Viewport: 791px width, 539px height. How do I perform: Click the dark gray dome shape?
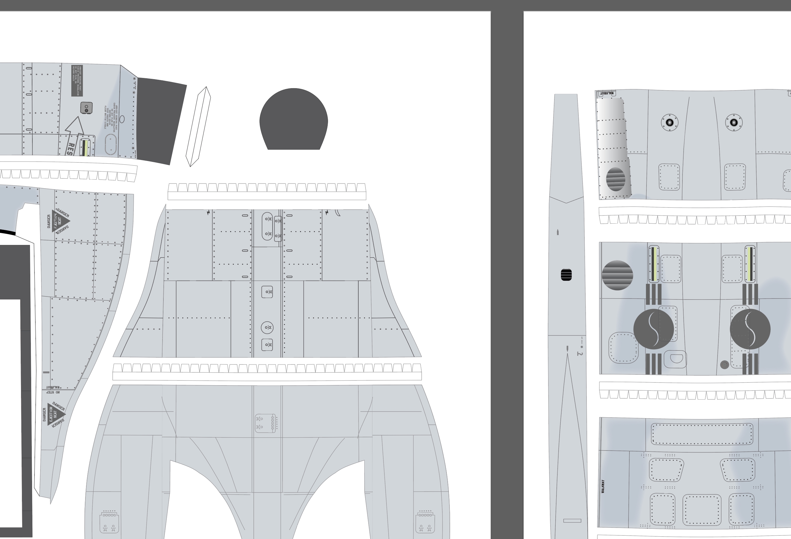tap(293, 119)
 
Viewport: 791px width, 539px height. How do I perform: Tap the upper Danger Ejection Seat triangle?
tap(60, 221)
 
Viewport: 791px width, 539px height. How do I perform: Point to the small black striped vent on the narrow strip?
tap(566, 275)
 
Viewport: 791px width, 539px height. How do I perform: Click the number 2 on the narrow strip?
tap(580, 354)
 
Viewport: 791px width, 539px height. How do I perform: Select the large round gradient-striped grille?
tap(617, 275)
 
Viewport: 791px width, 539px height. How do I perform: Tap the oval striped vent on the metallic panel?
tap(615, 179)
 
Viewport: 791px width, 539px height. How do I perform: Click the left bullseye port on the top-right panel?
tap(669, 123)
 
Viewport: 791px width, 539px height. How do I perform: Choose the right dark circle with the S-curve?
tap(750, 329)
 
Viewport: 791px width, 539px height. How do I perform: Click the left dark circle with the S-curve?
tap(653, 329)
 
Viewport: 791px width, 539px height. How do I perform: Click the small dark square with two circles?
tap(86, 108)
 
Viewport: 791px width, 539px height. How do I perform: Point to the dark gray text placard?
tap(77, 81)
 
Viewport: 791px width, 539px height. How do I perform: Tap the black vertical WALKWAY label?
tap(603, 487)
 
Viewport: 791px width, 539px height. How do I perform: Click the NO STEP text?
tap(53, 392)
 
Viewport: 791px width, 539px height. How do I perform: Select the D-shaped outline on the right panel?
tap(676, 358)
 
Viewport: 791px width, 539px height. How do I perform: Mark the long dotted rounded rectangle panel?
tap(702, 434)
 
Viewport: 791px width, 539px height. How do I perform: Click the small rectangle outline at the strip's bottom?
tap(572, 521)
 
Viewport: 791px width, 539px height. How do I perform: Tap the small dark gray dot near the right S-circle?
tap(724, 365)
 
